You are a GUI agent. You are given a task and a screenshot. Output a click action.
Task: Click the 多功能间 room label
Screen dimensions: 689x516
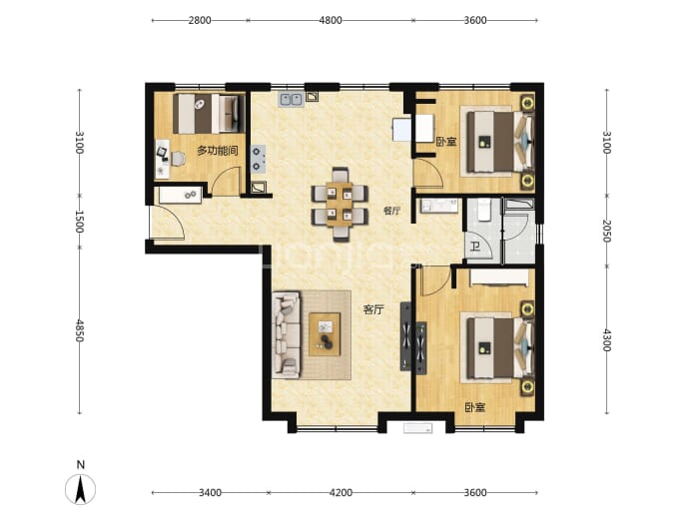coord(217,151)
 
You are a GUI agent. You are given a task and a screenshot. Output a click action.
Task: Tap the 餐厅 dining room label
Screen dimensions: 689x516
coord(391,211)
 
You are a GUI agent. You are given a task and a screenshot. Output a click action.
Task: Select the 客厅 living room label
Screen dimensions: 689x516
coord(373,310)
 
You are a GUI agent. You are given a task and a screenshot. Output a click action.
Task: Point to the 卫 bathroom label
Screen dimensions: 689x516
coord(475,247)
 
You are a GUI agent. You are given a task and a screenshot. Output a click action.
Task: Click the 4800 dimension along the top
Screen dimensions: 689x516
coord(330,20)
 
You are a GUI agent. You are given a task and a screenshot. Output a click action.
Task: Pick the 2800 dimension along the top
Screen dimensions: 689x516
coord(200,20)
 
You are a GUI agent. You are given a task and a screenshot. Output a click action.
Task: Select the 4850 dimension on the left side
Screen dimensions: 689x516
coord(80,330)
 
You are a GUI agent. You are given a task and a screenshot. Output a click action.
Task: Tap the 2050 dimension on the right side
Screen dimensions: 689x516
coord(607,231)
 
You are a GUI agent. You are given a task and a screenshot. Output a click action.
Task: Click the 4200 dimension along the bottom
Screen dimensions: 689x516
coord(341,493)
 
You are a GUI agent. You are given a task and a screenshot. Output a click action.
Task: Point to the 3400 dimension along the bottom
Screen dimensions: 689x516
coord(210,493)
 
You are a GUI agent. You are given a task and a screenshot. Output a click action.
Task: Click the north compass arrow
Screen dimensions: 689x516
coord(81,490)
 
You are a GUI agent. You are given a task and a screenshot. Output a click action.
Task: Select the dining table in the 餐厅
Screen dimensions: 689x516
coord(340,205)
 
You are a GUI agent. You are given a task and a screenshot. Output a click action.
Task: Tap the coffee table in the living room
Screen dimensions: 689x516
coord(325,334)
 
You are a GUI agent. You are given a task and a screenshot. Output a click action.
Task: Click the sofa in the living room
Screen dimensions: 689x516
coord(287,334)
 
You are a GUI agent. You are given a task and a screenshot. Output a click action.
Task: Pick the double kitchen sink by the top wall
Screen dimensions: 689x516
coord(291,99)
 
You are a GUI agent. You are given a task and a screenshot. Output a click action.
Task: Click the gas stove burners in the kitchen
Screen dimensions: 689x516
coord(258,159)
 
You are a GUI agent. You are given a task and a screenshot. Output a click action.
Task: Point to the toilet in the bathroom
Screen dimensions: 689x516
coord(484,209)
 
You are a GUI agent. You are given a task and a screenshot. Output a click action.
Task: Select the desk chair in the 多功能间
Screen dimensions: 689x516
coord(178,159)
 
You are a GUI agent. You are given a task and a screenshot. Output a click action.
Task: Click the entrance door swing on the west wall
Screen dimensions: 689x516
coord(168,223)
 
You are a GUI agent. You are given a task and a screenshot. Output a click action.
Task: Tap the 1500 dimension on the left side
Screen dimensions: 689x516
coord(80,222)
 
